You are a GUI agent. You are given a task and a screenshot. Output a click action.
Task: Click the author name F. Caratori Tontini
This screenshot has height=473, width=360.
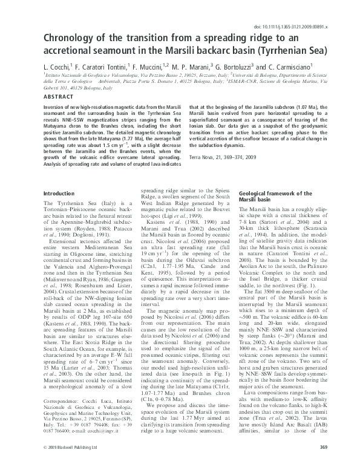point(106,66)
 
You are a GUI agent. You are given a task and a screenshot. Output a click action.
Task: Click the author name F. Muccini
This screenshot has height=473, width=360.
point(151,66)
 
